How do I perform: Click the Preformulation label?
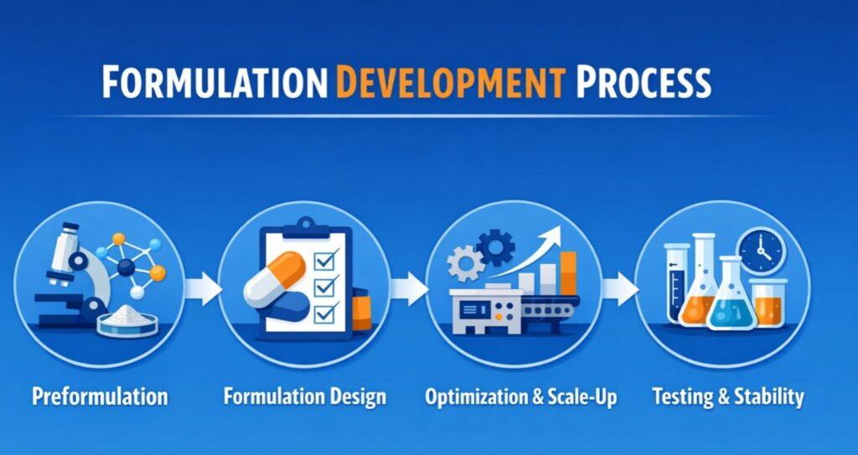100,396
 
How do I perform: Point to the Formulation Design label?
305,396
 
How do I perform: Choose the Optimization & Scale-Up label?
520,396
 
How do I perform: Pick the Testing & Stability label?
727,396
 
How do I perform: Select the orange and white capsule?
277,286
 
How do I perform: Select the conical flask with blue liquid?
731,300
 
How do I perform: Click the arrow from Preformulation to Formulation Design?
202,290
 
